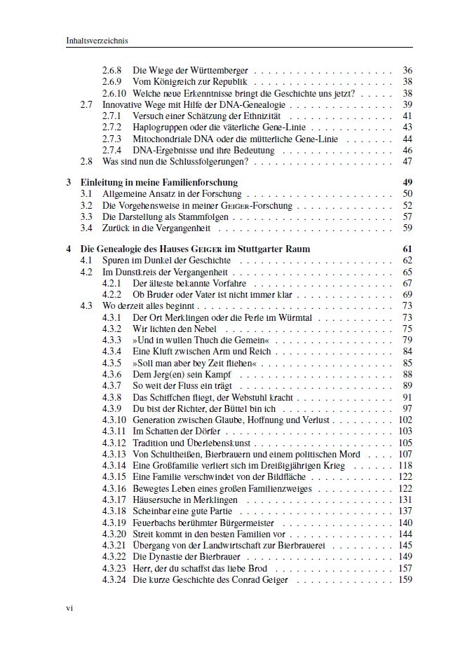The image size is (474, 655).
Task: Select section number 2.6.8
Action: pyautogui.click(x=111, y=71)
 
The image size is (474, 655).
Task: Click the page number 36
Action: pyautogui.click(x=407, y=71)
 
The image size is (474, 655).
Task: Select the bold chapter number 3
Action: pyautogui.click(x=69, y=182)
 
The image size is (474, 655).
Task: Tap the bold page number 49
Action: pyautogui.click(x=407, y=182)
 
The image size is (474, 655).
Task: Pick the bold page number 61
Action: pyautogui.click(x=407, y=249)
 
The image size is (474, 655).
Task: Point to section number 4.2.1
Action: pyautogui.click(x=111, y=283)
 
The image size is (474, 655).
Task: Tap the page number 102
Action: pyautogui.click(x=405, y=420)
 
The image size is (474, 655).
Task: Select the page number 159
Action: pyautogui.click(x=405, y=579)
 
